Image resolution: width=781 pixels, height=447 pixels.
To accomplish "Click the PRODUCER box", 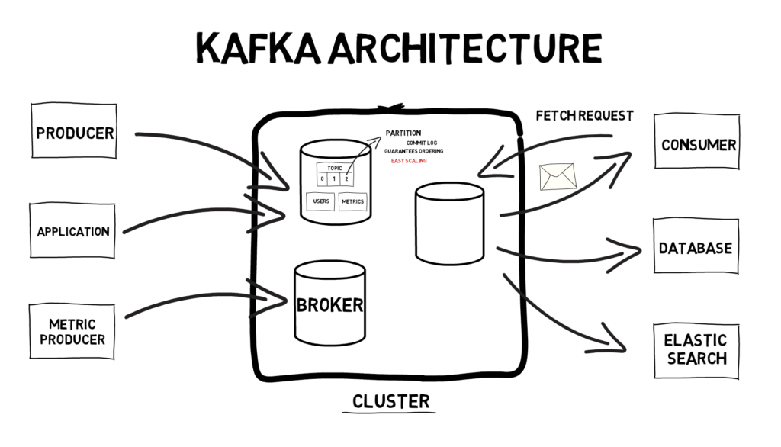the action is pos(74,131).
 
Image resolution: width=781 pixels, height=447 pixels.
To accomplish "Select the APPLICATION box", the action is pos(72,230).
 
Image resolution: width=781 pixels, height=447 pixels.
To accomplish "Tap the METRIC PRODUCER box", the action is pos(72,331).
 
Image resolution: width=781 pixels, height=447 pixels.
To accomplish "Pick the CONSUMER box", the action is pos(697,142).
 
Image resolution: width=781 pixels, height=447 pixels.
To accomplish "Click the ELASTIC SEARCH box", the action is pos(696,351).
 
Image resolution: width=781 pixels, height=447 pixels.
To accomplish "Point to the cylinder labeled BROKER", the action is pos(329,304).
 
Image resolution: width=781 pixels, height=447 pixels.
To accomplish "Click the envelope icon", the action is pos(558,177).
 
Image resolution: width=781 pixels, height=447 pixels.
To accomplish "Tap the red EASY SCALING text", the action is pos(409,161).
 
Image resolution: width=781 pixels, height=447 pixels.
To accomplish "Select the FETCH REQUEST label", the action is pos(584,116).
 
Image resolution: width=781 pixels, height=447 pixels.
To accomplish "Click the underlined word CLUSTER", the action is pos(391,402).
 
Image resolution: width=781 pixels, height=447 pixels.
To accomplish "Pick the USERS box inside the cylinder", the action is pos(321,201).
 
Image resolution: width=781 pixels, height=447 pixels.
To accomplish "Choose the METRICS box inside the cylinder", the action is pos(352,202).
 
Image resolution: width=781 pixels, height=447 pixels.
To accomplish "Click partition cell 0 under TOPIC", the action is pos(323,179).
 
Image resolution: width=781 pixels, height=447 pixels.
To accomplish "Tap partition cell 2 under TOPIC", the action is pos(347,179).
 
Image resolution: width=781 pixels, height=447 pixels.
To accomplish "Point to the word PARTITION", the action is pos(403,133).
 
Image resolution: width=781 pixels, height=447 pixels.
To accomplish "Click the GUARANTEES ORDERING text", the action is pos(413,151).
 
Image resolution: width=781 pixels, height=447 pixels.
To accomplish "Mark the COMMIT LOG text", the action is pos(421,143).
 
